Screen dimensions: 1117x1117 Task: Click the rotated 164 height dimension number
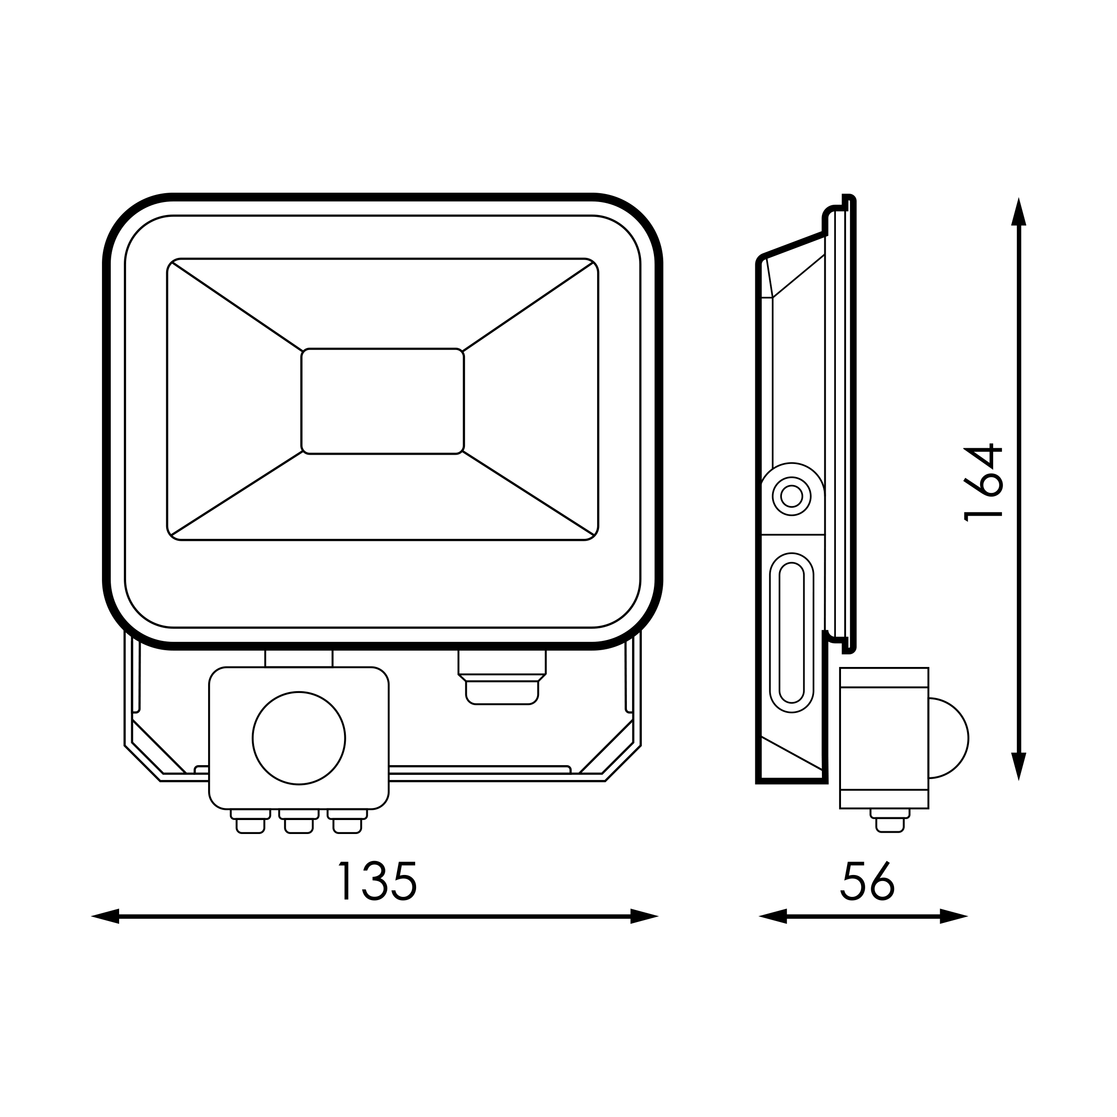[x=983, y=483]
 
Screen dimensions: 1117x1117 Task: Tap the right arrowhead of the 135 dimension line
[x=644, y=916]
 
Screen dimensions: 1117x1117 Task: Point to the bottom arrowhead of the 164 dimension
[x=1019, y=766]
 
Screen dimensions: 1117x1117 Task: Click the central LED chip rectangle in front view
[x=382, y=401]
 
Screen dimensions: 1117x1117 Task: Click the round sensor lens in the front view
[x=299, y=738]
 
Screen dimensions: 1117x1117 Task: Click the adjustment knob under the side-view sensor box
[x=890, y=821]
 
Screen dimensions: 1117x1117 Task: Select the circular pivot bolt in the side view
[x=792, y=496]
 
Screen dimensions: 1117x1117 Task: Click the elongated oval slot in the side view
[x=792, y=632]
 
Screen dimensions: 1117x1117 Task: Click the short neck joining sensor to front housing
[x=299, y=659]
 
